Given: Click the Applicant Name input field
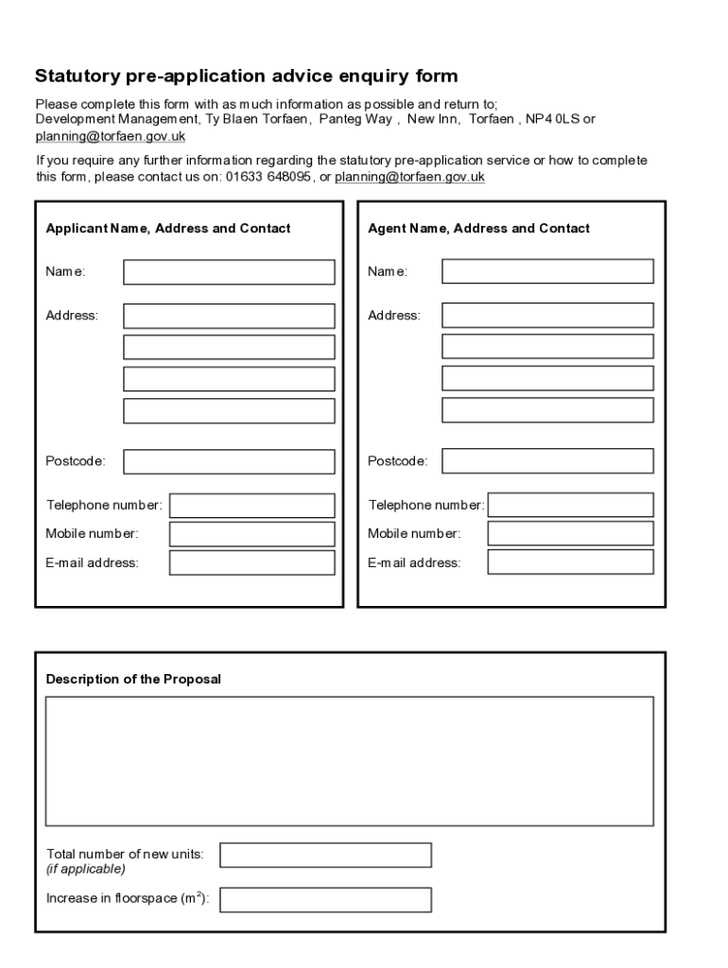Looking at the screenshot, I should [x=229, y=272].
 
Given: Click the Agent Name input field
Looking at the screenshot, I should [x=547, y=271].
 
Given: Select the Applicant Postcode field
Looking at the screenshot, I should [x=229, y=461].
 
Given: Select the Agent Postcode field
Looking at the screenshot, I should [x=547, y=460].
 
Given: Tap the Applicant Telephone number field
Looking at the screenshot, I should [x=251, y=506].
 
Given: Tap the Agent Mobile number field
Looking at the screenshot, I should [x=570, y=533].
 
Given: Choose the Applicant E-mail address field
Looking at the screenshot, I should [x=251, y=562].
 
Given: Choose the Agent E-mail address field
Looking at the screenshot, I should [x=570, y=562].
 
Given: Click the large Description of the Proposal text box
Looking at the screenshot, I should [x=349, y=761].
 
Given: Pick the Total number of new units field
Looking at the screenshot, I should [x=325, y=855].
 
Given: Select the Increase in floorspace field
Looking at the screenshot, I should [x=325, y=899].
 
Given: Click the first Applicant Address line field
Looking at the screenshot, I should [x=229, y=316].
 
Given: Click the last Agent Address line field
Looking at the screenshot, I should [x=547, y=410].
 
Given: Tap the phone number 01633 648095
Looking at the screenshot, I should [x=269, y=177].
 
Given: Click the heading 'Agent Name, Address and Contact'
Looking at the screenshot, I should [x=478, y=228].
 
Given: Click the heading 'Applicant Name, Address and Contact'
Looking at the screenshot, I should [x=168, y=228].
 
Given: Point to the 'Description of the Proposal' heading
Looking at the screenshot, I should [x=133, y=679].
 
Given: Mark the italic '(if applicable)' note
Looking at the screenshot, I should [x=86, y=869].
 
